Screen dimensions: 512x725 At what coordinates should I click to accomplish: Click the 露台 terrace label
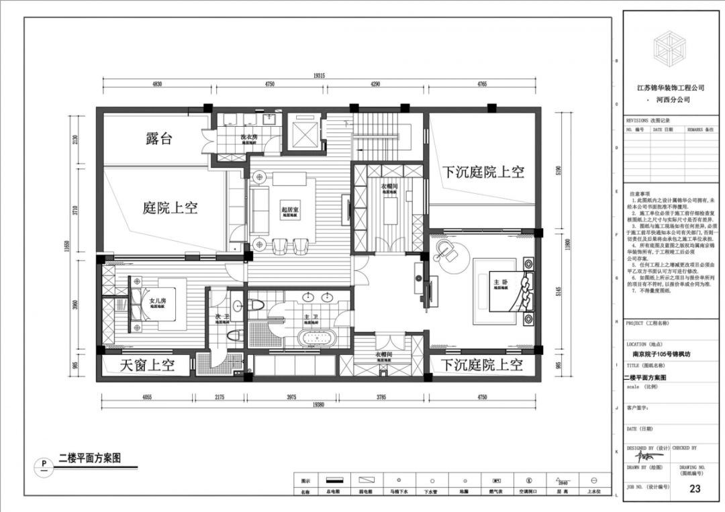[x=159, y=139]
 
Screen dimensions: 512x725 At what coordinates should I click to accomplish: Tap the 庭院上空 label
[x=170, y=207]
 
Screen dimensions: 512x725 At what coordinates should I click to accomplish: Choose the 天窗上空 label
[x=147, y=365]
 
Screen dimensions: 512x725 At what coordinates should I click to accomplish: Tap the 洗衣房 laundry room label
[x=249, y=137]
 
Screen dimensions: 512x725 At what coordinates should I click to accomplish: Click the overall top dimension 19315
[x=319, y=76]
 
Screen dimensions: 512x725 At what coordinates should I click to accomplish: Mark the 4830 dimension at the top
[x=156, y=85]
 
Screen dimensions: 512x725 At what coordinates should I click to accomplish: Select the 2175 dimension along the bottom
[x=220, y=397]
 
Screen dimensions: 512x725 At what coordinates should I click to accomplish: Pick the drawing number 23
[x=695, y=489]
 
